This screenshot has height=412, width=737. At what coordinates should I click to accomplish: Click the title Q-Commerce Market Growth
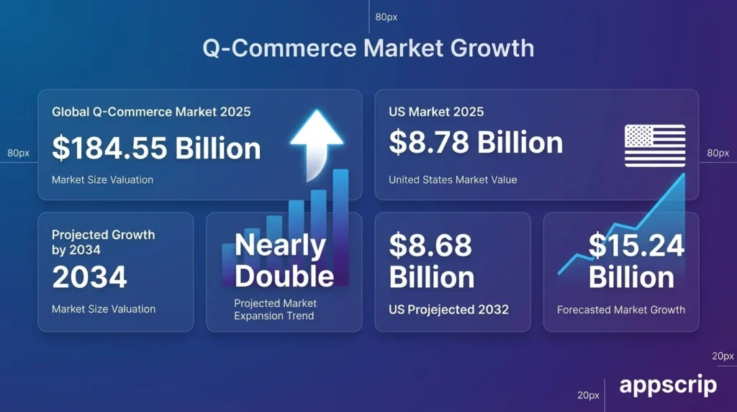[x=368, y=48]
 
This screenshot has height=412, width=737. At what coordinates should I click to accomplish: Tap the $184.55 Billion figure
[x=156, y=148]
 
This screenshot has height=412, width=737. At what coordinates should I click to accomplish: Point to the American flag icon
[x=654, y=145]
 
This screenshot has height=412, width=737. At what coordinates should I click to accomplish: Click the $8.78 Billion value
[x=476, y=142]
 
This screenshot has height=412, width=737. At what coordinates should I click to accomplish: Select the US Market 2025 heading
[x=436, y=112]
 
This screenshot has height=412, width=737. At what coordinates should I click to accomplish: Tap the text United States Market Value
[x=453, y=179]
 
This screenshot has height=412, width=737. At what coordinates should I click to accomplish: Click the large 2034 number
[x=89, y=277]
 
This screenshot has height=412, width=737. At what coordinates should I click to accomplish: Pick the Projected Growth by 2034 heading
[x=103, y=242]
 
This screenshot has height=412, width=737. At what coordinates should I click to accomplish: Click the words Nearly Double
[x=284, y=261]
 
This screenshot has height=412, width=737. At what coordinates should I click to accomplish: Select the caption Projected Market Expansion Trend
[x=275, y=309]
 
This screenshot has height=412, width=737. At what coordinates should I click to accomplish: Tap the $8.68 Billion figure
[x=431, y=261]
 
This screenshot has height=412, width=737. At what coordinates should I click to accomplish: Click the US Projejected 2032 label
[x=448, y=309]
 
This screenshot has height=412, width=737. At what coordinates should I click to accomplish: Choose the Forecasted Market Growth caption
[x=620, y=310]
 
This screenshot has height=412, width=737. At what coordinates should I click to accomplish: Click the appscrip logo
[x=668, y=385]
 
